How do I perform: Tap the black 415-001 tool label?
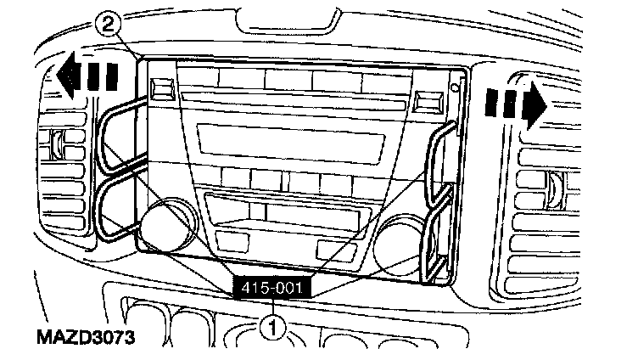273,288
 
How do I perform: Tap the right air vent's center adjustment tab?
557,188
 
